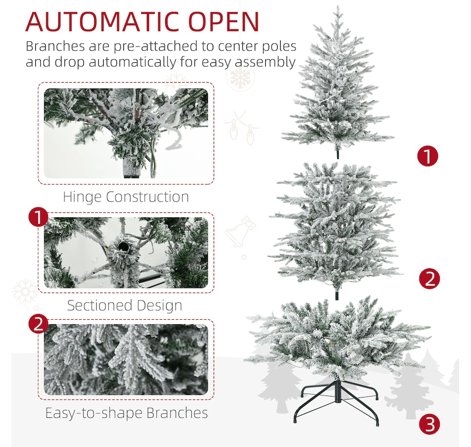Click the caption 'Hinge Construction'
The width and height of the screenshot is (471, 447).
pyautogui.click(x=125, y=197)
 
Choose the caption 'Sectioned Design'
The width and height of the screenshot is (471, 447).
pyautogui.click(x=124, y=305)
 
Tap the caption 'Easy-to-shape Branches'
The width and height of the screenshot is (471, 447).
pyautogui.click(x=126, y=412)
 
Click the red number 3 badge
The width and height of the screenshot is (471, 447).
pyautogui.click(x=429, y=424)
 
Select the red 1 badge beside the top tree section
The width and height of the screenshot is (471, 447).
pyautogui.click(x=427, y=156)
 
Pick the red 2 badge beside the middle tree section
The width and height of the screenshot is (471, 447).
pyautogui.click(x=429, y=279)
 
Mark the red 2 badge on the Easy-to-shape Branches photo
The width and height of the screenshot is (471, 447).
pyautogui.click(x=38, y=325)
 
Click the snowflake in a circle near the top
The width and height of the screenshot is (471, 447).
pyautogui.click(x=241, y=78)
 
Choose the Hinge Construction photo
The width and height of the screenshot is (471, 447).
pyautogui.click(x=126, y=133)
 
